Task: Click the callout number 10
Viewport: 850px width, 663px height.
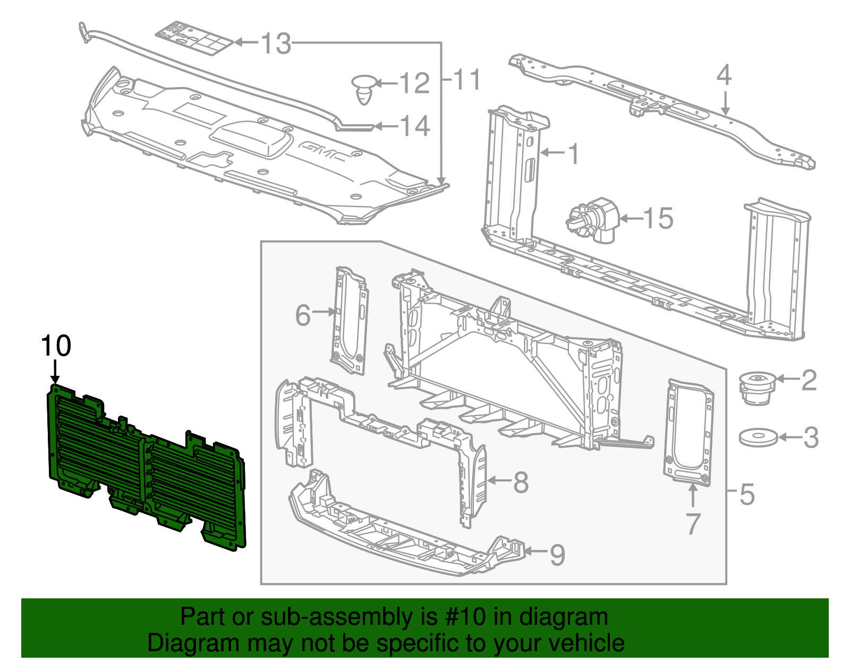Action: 56,346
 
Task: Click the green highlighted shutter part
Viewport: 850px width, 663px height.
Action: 143,467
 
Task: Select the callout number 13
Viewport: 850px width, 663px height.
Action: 276,43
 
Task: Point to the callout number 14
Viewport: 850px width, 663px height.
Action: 414,126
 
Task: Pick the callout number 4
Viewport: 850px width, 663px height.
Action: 724,75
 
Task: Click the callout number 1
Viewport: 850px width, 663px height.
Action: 573,154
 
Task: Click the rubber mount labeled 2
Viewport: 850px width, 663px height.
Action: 758,388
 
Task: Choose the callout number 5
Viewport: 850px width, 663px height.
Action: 747,494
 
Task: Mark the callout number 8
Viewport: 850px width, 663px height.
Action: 520,482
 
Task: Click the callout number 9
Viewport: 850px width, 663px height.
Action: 557,555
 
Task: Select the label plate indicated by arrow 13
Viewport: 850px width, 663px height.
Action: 194,38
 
